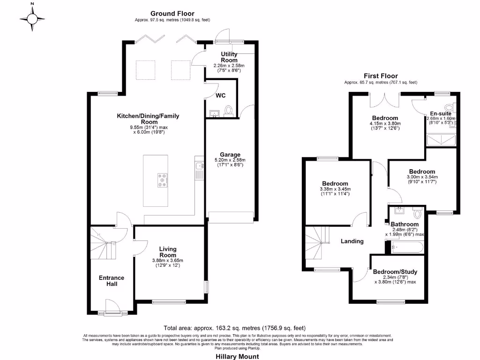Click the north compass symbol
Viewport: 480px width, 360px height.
pyautogui.click(x=32, y=18)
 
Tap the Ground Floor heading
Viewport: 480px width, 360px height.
pyautogui.click(x=172, y=14)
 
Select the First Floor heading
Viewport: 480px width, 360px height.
pyautogui.click(x=381, y=76)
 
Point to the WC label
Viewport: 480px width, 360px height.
pyautogui.click(x=221, y=96)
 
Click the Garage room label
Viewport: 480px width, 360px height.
pyautogui.click(x=230, y=154)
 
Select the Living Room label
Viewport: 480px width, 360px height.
pyautogui.click(x=167, y=252)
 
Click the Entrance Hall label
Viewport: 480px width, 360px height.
pyautogui.click(x=112, y=281)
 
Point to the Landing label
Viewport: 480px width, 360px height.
pyautogui.click(x=352, y=241)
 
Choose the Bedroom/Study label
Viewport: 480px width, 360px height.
pyautogui.click(x=395, y=271)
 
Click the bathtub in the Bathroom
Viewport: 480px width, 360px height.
pyautogui.click(x=407, y=247)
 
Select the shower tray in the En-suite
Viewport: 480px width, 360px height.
pyautogui.click(x=441, y=140)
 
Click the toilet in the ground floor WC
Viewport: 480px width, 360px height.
pyautogui.click(x=229, y=110)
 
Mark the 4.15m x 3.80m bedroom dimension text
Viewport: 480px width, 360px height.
pyautogui.click(x=385, y=124)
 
